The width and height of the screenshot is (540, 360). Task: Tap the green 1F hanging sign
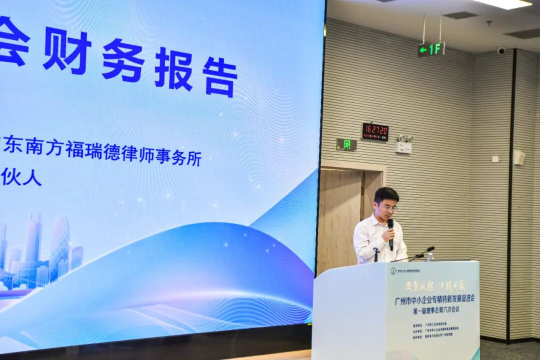(431, 49)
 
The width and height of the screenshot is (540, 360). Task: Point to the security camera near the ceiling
(501, 50)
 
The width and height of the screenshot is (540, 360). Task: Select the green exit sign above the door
(346, 144)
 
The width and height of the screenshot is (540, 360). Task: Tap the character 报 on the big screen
(173, 68)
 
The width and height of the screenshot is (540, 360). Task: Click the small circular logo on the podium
(393, 270)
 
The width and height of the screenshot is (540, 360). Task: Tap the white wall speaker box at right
(519, 157)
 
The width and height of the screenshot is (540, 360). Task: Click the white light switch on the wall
(494, 159)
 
